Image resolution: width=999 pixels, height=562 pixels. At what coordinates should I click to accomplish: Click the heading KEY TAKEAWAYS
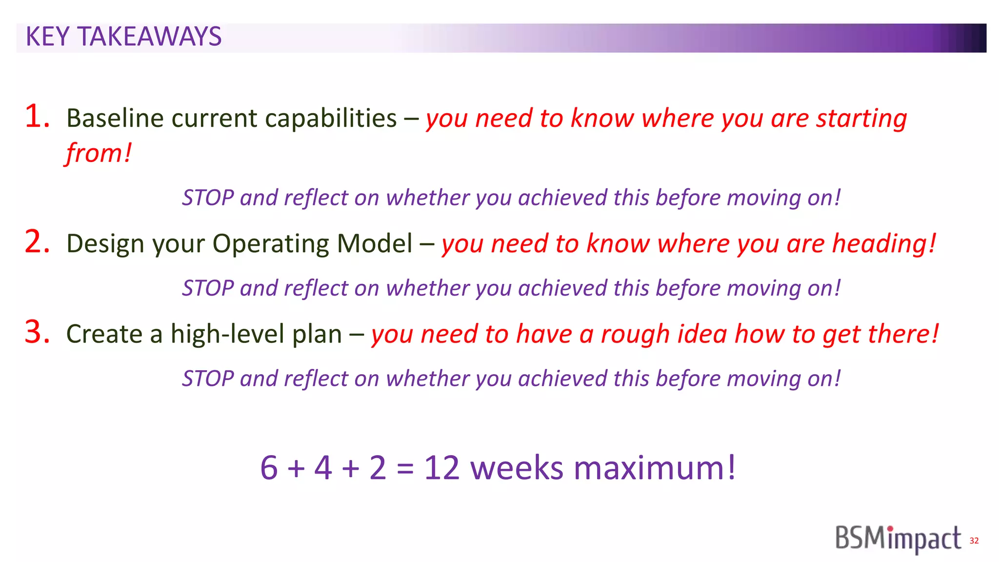[123, 37]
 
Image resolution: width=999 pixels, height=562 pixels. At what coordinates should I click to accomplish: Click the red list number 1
[37, 117]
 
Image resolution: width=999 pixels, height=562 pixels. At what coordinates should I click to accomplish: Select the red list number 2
[37, 242]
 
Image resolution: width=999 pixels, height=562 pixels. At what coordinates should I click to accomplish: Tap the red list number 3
[37, 332]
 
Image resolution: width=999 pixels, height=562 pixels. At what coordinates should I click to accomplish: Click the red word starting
[862, 119]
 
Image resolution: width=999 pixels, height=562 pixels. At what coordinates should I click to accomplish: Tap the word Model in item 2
[374, 243]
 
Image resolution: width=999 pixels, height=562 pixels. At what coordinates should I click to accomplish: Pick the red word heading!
[884, 243]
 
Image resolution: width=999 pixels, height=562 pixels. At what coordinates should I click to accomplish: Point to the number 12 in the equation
[441, 468]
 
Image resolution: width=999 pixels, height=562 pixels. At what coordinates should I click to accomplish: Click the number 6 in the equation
[269, 468]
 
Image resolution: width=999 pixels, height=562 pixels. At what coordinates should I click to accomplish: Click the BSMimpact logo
[898, 539]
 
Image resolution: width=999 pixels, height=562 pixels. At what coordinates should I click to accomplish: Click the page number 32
[974, 541]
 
